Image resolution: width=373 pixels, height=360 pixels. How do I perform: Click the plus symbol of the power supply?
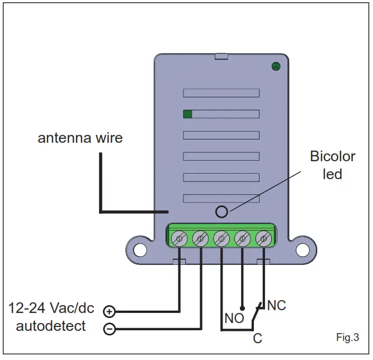pyautogui.click(x=109, y=311)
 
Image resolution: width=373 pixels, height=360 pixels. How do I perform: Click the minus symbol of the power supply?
pyautogui.click(x=110, y=329)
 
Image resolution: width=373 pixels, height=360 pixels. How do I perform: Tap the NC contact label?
pyautogui.click(x=276, y=305)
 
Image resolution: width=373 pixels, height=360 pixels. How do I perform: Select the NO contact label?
pyautogui.click(x=234, y=318)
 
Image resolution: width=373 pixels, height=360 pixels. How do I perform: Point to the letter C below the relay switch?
pyautogui.click(x=257, y=338)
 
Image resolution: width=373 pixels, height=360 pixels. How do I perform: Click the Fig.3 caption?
pyautogui.click(x=347, y=337)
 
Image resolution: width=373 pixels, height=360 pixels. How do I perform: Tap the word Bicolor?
pyautogui.click(x=333, y=156)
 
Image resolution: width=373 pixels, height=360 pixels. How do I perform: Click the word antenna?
pyautogui.click(x=64, y=138)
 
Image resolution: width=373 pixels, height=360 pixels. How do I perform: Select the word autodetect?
pyautogui.click(x=51, y=326)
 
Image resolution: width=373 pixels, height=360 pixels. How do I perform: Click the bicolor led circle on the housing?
pyautogui.click(x=221, y=212)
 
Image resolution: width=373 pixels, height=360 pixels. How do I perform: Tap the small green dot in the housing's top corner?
pyautogui.click(x=276, y=67)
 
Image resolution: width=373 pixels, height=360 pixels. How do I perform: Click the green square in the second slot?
pyautogui.click(x=187, y=114)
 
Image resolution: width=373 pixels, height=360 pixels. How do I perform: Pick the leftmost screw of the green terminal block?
pyautogui.click(x=179, y=239)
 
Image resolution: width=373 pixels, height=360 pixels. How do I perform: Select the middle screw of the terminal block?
pyautogui.click(x=221, y=239)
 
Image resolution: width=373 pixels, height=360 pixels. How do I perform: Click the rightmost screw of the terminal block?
pyautogui.click(x=263, y=239)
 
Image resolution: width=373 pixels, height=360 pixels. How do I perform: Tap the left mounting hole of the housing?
pyautogui.click(x=140, y=250)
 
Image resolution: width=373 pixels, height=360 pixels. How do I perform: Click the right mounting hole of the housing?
pyautogui.click(x=303, y=250)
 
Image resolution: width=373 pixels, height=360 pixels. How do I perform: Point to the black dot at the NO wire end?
pyautogui.click(x=242, y=308)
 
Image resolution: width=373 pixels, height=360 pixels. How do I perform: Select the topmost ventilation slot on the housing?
pyautogui.click(x=221, y=93)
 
